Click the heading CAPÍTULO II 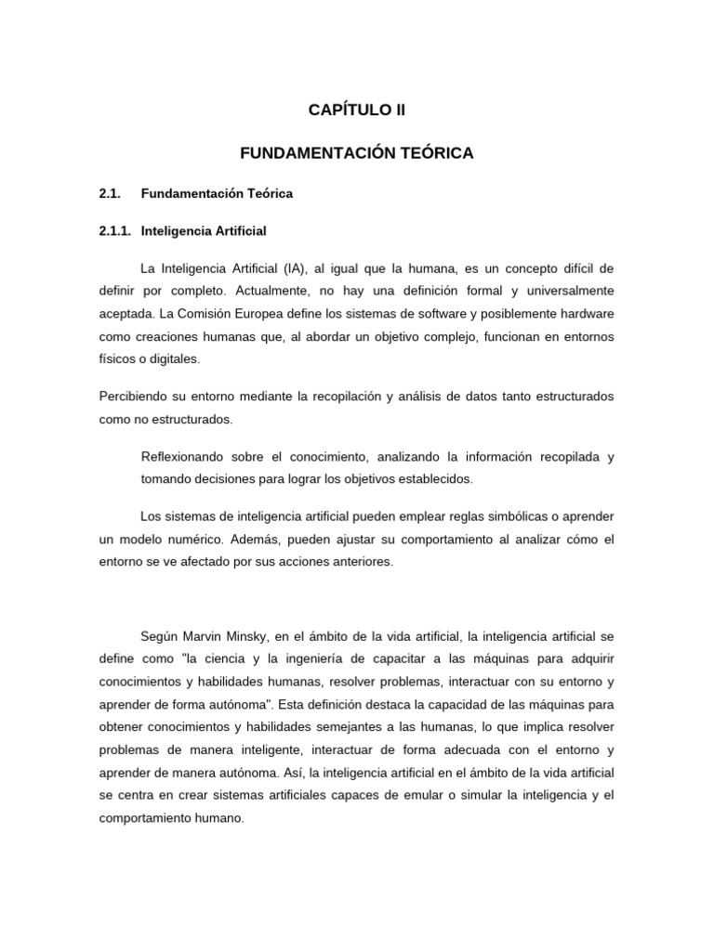pyautogui.click(x=357, y=111)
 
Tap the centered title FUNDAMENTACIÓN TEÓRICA pyautogui.click(x=357, y=153)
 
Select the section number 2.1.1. pyautogui.click(x=117, y=230)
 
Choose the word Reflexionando pyautogui.click(x=184, y=457)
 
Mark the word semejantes pyautogui.click(x=400, y=725)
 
